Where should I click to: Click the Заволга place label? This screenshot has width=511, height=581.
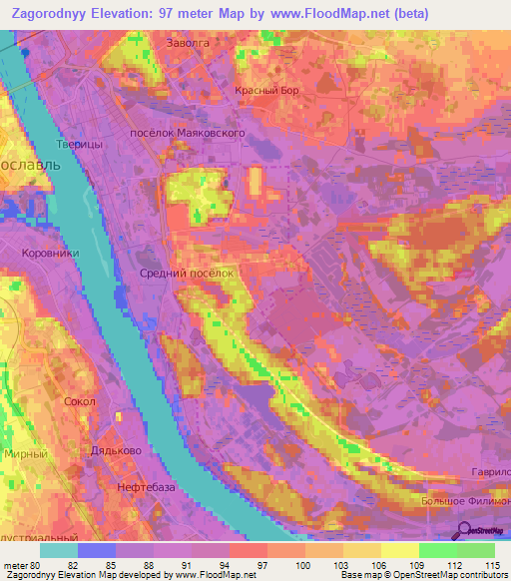tap(187, 44)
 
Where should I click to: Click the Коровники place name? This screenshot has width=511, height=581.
tap(50, 254)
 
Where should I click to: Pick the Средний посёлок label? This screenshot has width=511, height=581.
tap(187, 272)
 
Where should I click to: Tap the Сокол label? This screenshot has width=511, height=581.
tap(78, 401)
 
